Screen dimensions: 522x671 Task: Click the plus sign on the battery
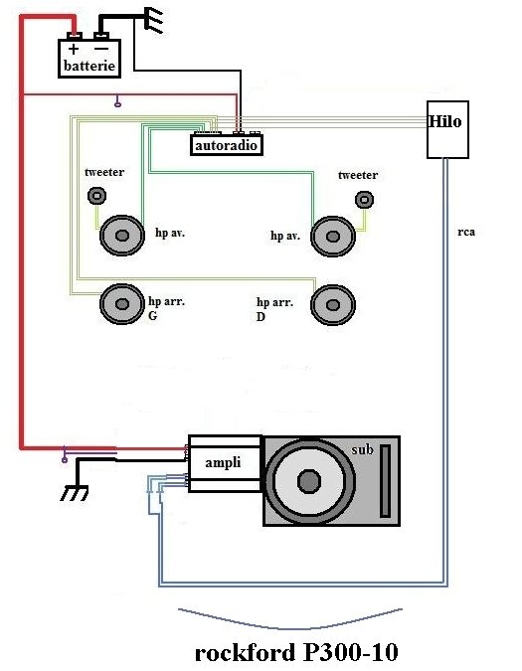(x=74, y=49)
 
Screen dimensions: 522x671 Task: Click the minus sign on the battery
(x=101, y=49)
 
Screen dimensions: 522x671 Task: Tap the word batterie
(x=89, y=66)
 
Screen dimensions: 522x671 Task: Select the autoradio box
(x=226, y=145)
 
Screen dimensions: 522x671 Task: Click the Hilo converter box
(x=447, y=129)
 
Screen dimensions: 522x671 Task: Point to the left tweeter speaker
(x=96, y=196)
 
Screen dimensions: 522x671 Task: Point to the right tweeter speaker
(x=364, y=200)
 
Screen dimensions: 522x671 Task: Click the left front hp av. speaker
(x=122, y=236)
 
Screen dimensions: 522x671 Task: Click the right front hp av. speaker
(x=333, y=237)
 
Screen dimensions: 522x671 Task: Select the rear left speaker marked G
(x=122, y=304)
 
